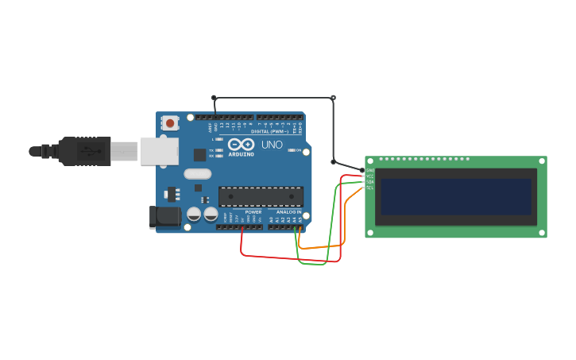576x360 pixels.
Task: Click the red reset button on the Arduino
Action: (x=169, y=122)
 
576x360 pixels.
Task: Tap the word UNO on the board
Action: (x=272, y=145)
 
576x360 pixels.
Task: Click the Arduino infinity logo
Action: (x=241, y=144)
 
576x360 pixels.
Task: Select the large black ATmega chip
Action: (x=261, y=196)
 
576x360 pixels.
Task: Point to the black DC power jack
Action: (x=162, y=217)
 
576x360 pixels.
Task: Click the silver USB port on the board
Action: (x=159, y=151)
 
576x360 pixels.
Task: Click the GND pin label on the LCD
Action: (x=370, y=170)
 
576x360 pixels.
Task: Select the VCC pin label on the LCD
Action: (x=370, y=176)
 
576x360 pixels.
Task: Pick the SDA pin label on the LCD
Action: (x=370, y=181)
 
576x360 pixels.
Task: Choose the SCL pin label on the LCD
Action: (x=370, y=188)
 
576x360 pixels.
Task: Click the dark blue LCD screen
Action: (x=455, y=196)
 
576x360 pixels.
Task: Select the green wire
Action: (x=311, y=263)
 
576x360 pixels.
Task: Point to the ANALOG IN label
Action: (x=288, y=212)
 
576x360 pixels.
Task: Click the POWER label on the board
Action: (x=253, y=212)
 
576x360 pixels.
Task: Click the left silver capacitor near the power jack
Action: (x=194, y=214)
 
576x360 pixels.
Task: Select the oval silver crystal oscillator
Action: (x=198, y=174)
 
